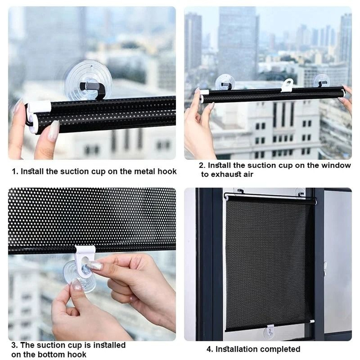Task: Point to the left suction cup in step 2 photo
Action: click(225, 82)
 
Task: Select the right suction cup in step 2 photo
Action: click(321, 80)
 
